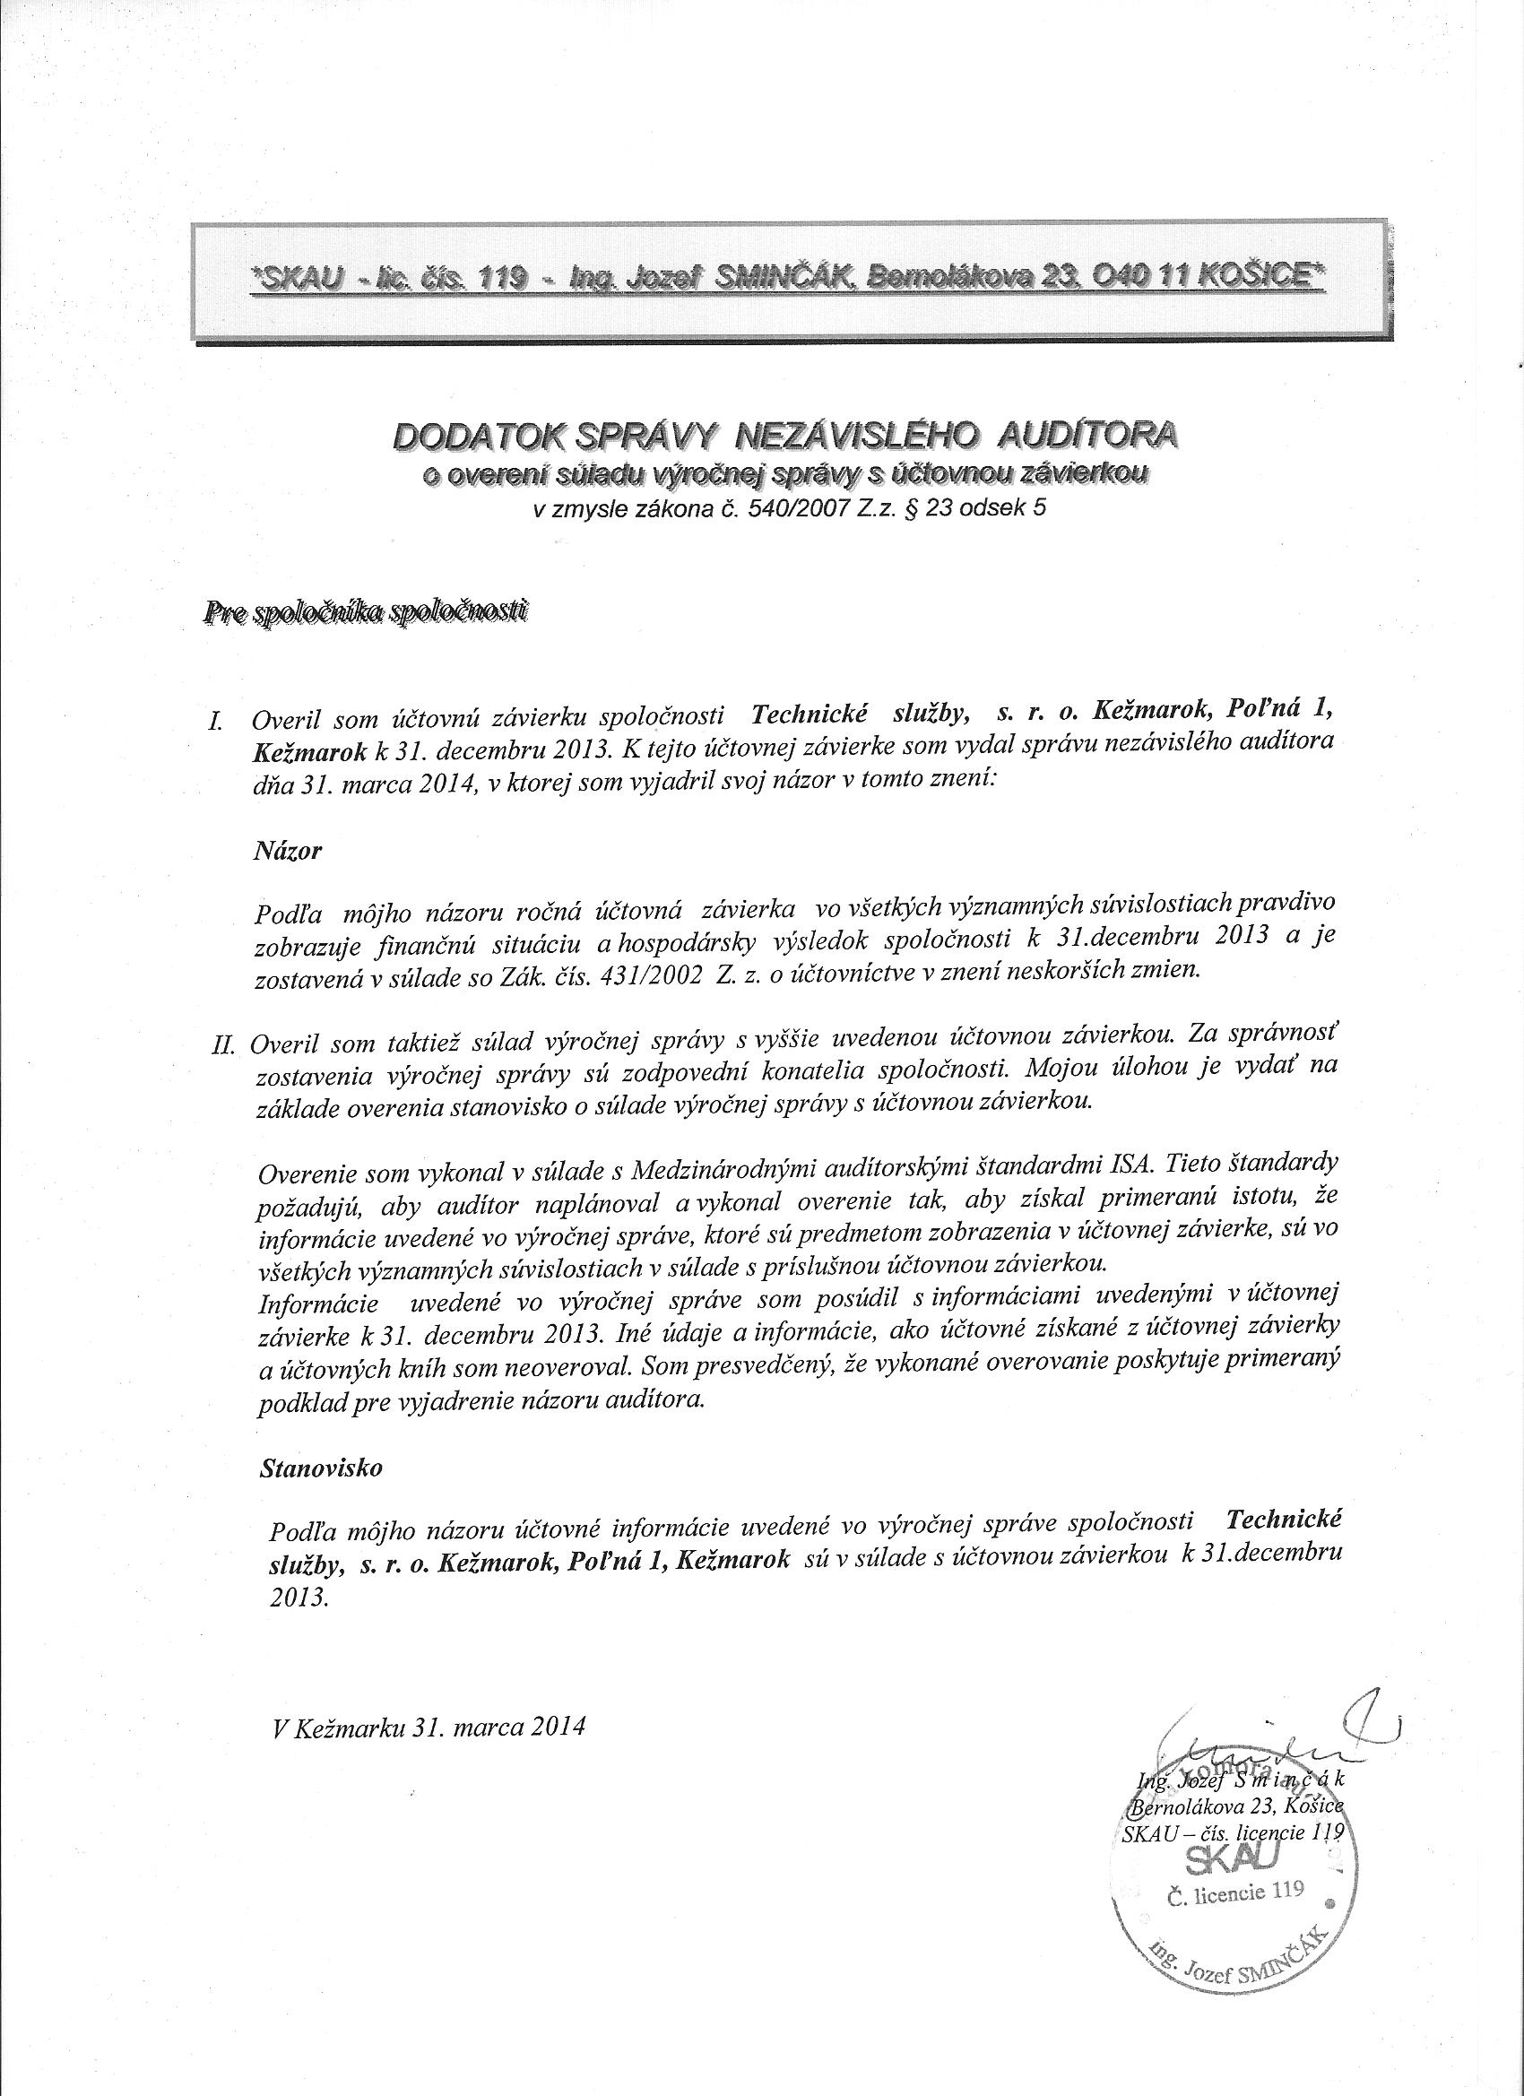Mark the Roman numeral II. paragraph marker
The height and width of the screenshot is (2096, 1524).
(x=226, y=1044)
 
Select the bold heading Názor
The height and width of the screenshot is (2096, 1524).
(x=287, y=851)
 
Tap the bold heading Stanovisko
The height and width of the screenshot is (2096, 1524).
(x=321, y=1467)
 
